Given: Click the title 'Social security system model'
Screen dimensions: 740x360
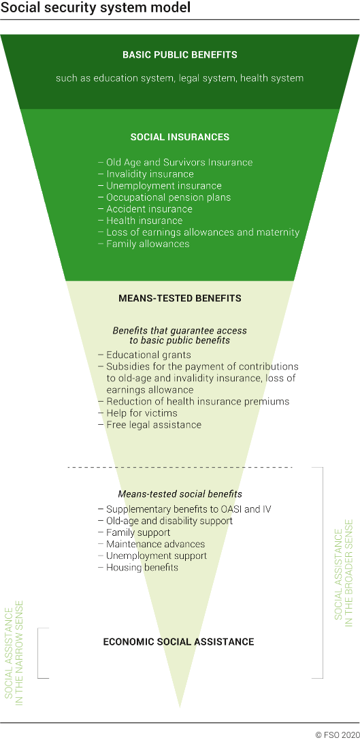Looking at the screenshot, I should (95, 9).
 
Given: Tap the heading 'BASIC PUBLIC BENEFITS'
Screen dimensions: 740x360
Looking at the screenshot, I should (180, 54).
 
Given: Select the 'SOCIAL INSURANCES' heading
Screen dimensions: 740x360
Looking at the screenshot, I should (180, 137).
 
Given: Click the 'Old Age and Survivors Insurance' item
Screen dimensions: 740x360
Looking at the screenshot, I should (179, 163).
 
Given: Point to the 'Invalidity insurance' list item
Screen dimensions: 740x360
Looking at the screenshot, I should (150, 174).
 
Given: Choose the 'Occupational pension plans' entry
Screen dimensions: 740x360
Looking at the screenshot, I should (168, 197).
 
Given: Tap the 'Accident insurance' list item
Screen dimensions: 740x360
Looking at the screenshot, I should (149, 209).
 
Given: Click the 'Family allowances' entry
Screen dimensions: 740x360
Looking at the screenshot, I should (148, 244).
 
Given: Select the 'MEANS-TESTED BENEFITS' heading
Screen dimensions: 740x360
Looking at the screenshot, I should (180, 298).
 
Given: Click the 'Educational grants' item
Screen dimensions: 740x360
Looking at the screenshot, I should (148, 355).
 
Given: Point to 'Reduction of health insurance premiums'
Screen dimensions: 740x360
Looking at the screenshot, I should (197, 402).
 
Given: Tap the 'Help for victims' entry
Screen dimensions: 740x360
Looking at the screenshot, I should (142, 413).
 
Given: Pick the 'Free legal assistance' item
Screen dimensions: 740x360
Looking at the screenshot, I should (154, 425).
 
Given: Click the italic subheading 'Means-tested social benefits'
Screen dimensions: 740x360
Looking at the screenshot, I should (180, 494).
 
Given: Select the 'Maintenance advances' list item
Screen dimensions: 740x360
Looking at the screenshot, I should (155, 544).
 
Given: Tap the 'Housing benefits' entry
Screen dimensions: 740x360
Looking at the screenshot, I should (142, 567).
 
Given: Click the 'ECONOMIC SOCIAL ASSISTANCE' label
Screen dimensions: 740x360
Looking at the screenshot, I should (178, 641).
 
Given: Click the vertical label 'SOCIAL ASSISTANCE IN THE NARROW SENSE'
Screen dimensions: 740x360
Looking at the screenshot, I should (14, 652).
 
